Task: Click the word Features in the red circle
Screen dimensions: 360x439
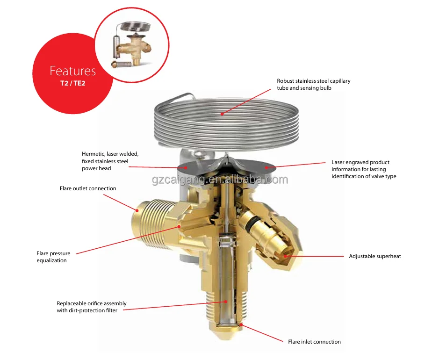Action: click(72, 71)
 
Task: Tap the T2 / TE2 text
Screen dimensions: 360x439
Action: click(72, 84)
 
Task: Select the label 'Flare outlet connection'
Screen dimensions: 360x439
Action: click(88, 188)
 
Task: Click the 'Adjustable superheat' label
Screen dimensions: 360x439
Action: click(375, 256)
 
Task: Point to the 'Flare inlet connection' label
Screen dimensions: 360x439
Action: click(314, 342)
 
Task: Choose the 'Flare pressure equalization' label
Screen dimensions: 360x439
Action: click(53, 257)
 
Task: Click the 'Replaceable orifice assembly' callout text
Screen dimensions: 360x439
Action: click(92, 307)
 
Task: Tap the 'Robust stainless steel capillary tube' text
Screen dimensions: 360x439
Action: click(313, 84)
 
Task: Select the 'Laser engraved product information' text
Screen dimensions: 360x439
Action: click(360, 169)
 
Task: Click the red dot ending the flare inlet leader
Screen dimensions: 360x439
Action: click(241, 324)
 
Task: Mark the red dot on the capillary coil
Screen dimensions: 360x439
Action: click(223, 113)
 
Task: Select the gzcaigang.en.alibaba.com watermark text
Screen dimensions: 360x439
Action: click(220, 180)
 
